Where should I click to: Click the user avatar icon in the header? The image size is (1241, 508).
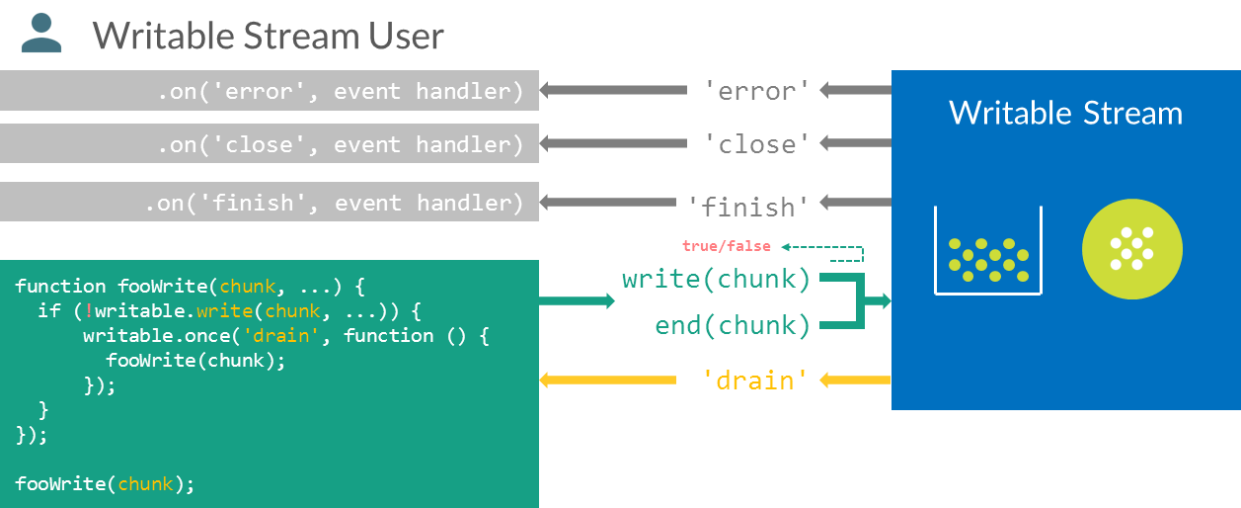click(x=41, y=33)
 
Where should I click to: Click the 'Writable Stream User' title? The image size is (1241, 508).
click(x=269, y=37)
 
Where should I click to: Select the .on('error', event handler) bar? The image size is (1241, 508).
click(x=269, y=91)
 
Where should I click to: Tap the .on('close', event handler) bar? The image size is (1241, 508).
click(x=269, y=144)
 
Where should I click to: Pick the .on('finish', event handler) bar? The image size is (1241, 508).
click(x=269, y=203)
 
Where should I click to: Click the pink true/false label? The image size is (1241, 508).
click(x=726, y=245)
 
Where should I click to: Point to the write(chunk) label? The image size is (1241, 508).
click(x=716, y=280)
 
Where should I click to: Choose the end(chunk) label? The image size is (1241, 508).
click(x=732, y=325)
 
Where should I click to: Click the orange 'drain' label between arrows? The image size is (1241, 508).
click(x=754, y=380)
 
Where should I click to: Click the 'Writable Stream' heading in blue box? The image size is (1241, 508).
click(x=1065, y=113)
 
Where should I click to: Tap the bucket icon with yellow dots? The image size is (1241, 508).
click(x=986, y=252)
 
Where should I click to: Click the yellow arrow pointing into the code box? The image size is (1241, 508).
click(x=592, y=380)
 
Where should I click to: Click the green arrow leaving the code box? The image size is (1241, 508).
click(x=577, y=300)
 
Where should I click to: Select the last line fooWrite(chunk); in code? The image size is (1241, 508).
click(x=105, y=484)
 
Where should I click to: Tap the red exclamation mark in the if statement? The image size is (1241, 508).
click(x=89, y=311)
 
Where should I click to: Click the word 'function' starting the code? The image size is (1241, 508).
click(x=60, y=287)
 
